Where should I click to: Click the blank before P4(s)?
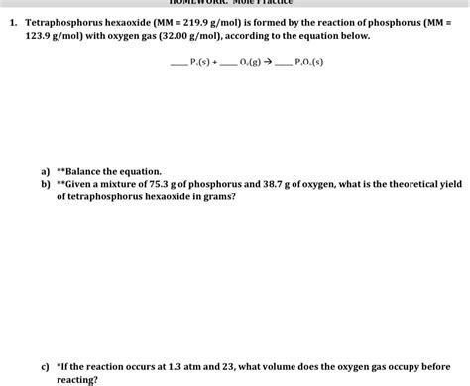178,63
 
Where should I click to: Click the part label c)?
46,366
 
